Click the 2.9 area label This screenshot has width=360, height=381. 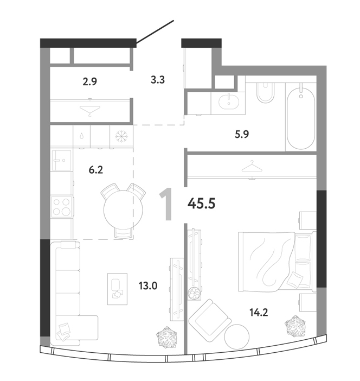90,81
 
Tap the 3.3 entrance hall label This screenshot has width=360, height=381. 158,80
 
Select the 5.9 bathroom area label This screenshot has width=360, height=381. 242,134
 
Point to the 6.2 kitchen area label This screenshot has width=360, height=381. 96,170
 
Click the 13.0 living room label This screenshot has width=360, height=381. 148,285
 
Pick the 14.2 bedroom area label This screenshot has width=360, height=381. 259,312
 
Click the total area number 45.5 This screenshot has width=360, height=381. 202,204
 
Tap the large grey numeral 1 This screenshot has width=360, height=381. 166,204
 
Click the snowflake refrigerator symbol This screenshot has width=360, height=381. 121,136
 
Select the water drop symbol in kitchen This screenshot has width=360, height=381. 81,136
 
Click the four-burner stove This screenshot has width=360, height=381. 61,207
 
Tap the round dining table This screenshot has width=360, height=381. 123,210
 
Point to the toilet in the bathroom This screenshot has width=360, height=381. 265,92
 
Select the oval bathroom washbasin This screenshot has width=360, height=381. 228,102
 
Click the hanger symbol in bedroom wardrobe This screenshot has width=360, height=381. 252,167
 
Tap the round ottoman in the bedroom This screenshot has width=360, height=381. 237,336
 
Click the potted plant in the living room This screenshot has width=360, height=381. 166,337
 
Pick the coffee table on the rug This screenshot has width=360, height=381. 117,289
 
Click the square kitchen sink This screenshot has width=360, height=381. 62,160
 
